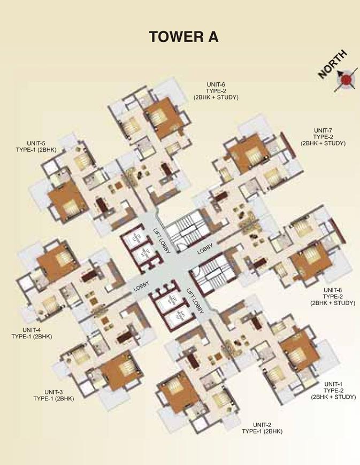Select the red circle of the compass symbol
(346, 79)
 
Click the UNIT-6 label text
(216, 84)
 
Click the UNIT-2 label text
(262, 424)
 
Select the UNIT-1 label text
(333, 384)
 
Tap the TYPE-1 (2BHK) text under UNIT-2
(262, 431)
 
